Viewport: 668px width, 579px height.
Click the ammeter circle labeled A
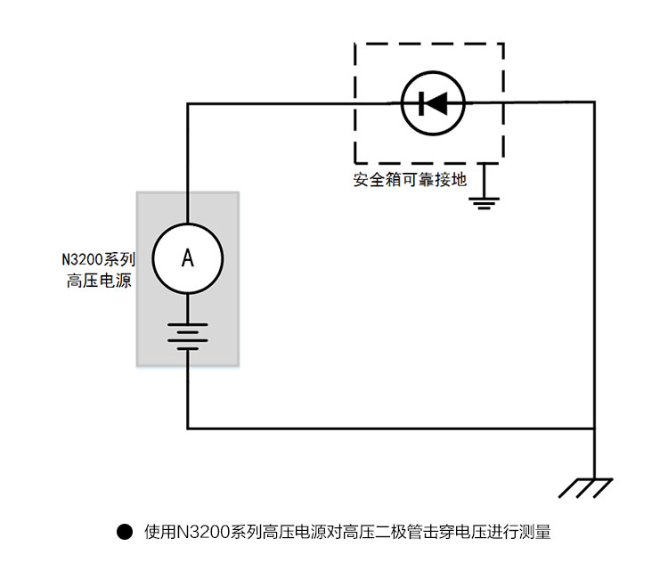click(188, 257)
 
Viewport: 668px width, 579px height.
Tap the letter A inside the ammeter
click(188, 258)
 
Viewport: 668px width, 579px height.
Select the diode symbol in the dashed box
click(433, 103)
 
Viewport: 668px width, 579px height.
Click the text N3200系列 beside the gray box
click(98, 260)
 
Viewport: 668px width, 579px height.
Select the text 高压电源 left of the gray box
click(100, 281)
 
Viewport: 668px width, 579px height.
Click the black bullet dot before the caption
click(125, 533)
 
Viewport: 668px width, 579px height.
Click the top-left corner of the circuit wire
click(188, 103)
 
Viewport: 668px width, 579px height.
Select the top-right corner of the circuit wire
click(594, 103)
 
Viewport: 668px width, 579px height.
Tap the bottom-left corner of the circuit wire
click(188, 428)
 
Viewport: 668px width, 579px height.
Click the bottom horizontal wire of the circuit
click(392, 428)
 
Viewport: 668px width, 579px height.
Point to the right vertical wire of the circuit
click(594, 267)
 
